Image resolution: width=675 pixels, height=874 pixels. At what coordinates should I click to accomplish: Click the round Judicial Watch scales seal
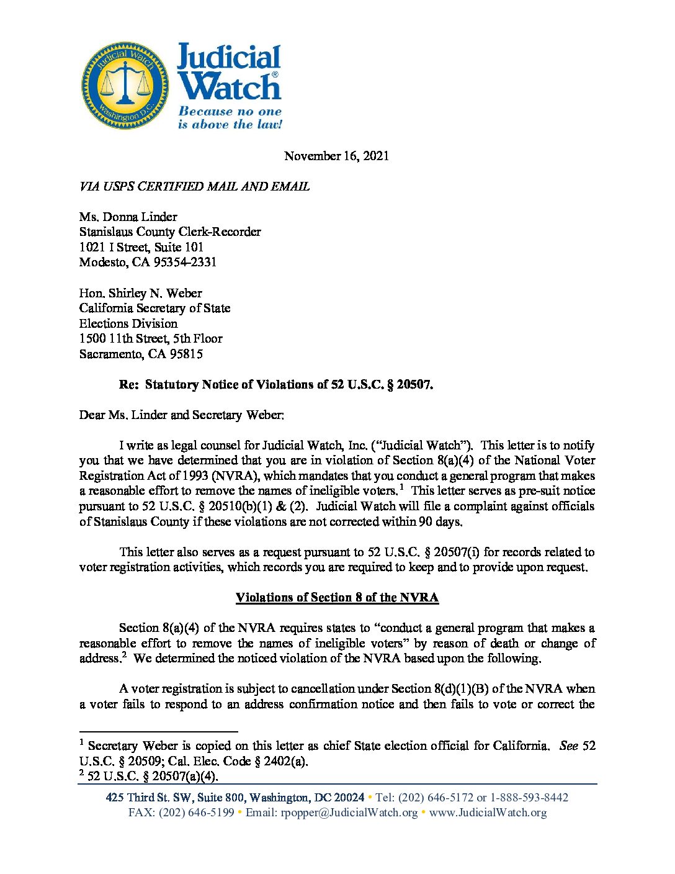click(126, 86)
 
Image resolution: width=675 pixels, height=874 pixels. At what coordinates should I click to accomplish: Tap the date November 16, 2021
click(336, 156)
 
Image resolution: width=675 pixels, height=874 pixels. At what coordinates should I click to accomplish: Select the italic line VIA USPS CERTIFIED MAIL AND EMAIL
click(194, 186)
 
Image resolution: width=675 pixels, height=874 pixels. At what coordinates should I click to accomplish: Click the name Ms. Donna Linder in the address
click(128, 217)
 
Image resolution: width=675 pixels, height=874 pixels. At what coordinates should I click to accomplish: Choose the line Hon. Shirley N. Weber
click(140, 293)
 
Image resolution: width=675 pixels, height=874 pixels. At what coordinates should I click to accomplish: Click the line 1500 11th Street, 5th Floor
click(150, 338)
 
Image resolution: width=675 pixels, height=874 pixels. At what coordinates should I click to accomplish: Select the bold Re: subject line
click(275, 384)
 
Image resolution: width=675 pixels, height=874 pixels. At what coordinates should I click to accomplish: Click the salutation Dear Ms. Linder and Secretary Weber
click(181, 415)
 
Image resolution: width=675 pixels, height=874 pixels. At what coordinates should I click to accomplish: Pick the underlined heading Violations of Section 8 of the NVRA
click(337, 597)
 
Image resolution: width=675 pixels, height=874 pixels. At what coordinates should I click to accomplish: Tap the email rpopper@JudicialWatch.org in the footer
click(349, 813)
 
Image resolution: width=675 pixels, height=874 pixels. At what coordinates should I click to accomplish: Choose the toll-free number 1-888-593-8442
click(529, 798)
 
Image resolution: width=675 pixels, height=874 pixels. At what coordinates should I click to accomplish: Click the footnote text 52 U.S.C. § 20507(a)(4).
click(153, 776)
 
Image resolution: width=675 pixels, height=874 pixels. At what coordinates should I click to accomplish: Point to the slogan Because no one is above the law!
click(230, 118)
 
